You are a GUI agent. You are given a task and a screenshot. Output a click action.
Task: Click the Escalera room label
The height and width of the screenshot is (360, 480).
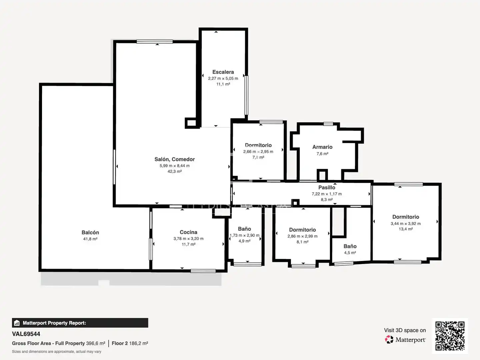click(223, 72)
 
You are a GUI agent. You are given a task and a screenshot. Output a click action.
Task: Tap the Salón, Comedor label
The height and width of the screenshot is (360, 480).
click(175, 159)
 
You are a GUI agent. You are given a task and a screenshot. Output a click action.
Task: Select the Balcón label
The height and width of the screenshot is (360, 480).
click(90, 232)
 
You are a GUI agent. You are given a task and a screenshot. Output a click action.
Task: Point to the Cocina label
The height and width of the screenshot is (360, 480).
click(189, 232)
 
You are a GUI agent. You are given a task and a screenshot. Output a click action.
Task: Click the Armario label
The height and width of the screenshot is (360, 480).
click(322, 147)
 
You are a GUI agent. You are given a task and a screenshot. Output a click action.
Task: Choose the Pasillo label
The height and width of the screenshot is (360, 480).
click(327, 188)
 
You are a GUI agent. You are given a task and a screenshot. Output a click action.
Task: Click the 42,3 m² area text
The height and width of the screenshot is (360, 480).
click(175, 171)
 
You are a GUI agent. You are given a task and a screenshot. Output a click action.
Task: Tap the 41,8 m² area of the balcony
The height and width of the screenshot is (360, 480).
click(90, 239)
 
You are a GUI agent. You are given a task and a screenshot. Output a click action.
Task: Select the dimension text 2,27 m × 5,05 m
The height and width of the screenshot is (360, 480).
click(223, 78)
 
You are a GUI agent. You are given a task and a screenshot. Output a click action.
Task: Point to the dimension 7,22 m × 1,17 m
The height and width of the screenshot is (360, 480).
click(327, 194)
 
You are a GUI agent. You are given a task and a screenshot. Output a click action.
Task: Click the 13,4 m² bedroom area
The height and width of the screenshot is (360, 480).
click(406, 229)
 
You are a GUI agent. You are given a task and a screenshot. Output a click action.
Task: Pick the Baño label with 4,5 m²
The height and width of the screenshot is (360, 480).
click(350, 246)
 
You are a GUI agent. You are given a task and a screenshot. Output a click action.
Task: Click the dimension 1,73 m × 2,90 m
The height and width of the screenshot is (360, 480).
click(244, 235)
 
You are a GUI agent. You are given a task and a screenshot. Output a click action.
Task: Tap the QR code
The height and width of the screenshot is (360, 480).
click(450, 336)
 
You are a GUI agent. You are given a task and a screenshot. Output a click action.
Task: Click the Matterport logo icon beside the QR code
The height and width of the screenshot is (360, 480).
click(389, 339)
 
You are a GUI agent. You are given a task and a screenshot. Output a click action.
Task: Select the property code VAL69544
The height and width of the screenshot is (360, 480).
click(26, 334)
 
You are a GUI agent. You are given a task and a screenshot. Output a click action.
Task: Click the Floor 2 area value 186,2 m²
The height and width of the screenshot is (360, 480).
click(139, 343)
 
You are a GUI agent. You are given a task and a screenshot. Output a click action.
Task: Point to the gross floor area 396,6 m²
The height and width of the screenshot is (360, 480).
click(96, 343)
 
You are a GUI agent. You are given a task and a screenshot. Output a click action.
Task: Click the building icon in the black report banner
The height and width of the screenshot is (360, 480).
click(17, 323)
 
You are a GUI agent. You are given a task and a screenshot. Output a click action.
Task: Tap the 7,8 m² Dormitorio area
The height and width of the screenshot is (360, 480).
click(258, 157)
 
